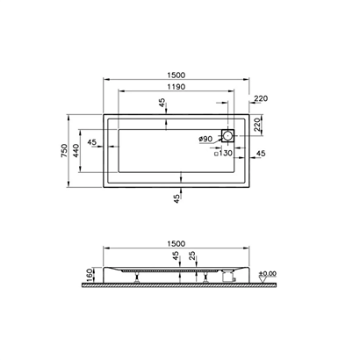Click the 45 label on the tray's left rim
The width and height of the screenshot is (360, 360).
tap(91, 142)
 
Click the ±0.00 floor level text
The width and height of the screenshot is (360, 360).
tap(268, 274)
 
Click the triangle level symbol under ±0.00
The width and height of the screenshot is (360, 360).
tap(263, 281)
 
